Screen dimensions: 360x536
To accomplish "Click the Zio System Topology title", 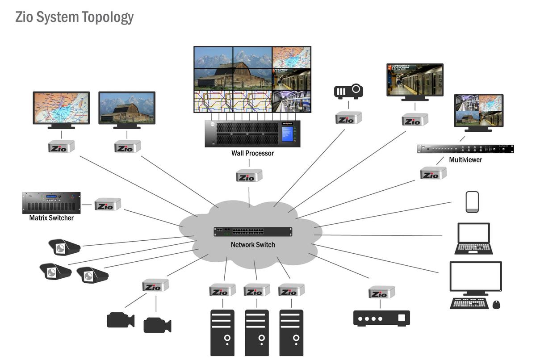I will [x=74, y=17].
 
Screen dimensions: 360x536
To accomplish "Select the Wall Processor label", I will [x=252, y=153].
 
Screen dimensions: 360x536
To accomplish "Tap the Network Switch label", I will [x=253, y=244].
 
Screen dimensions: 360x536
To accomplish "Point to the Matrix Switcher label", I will [x=51, y=218].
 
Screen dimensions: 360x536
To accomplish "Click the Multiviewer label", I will [x=465, y=159].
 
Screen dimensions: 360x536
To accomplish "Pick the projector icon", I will [x=348, y=91].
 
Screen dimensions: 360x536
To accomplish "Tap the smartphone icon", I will [x=472, y=202].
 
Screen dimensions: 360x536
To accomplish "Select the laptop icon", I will [x=473, y=239].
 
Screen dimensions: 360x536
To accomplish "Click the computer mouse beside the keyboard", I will [x=496, y=304].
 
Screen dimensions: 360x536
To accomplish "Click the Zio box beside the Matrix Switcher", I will [x=108, y=205].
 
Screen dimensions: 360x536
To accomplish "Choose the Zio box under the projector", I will [x=348, y=118].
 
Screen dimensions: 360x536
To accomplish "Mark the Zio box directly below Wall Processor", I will [x=249, y=176].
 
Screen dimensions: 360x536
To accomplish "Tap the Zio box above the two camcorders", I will [x=155, y=285].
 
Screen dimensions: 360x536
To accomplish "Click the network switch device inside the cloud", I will [x=253, y=232].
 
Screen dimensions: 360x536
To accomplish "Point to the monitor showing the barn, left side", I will [x=127, y=108].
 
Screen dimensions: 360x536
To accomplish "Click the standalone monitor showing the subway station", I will [x=415, y=80].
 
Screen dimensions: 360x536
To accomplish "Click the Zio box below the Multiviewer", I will [x=433, y=173].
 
